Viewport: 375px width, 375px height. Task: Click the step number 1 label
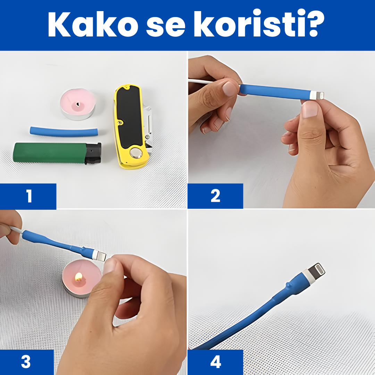tap(29, 196)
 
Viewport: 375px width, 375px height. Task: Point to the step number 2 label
tap(215, 196)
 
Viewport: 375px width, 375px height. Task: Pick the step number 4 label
tap(215, 362)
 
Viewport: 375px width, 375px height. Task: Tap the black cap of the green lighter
tap(93, 153)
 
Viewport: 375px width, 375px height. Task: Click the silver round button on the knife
tap(136, 152)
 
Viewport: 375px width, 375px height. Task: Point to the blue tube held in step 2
tap(274, 91)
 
